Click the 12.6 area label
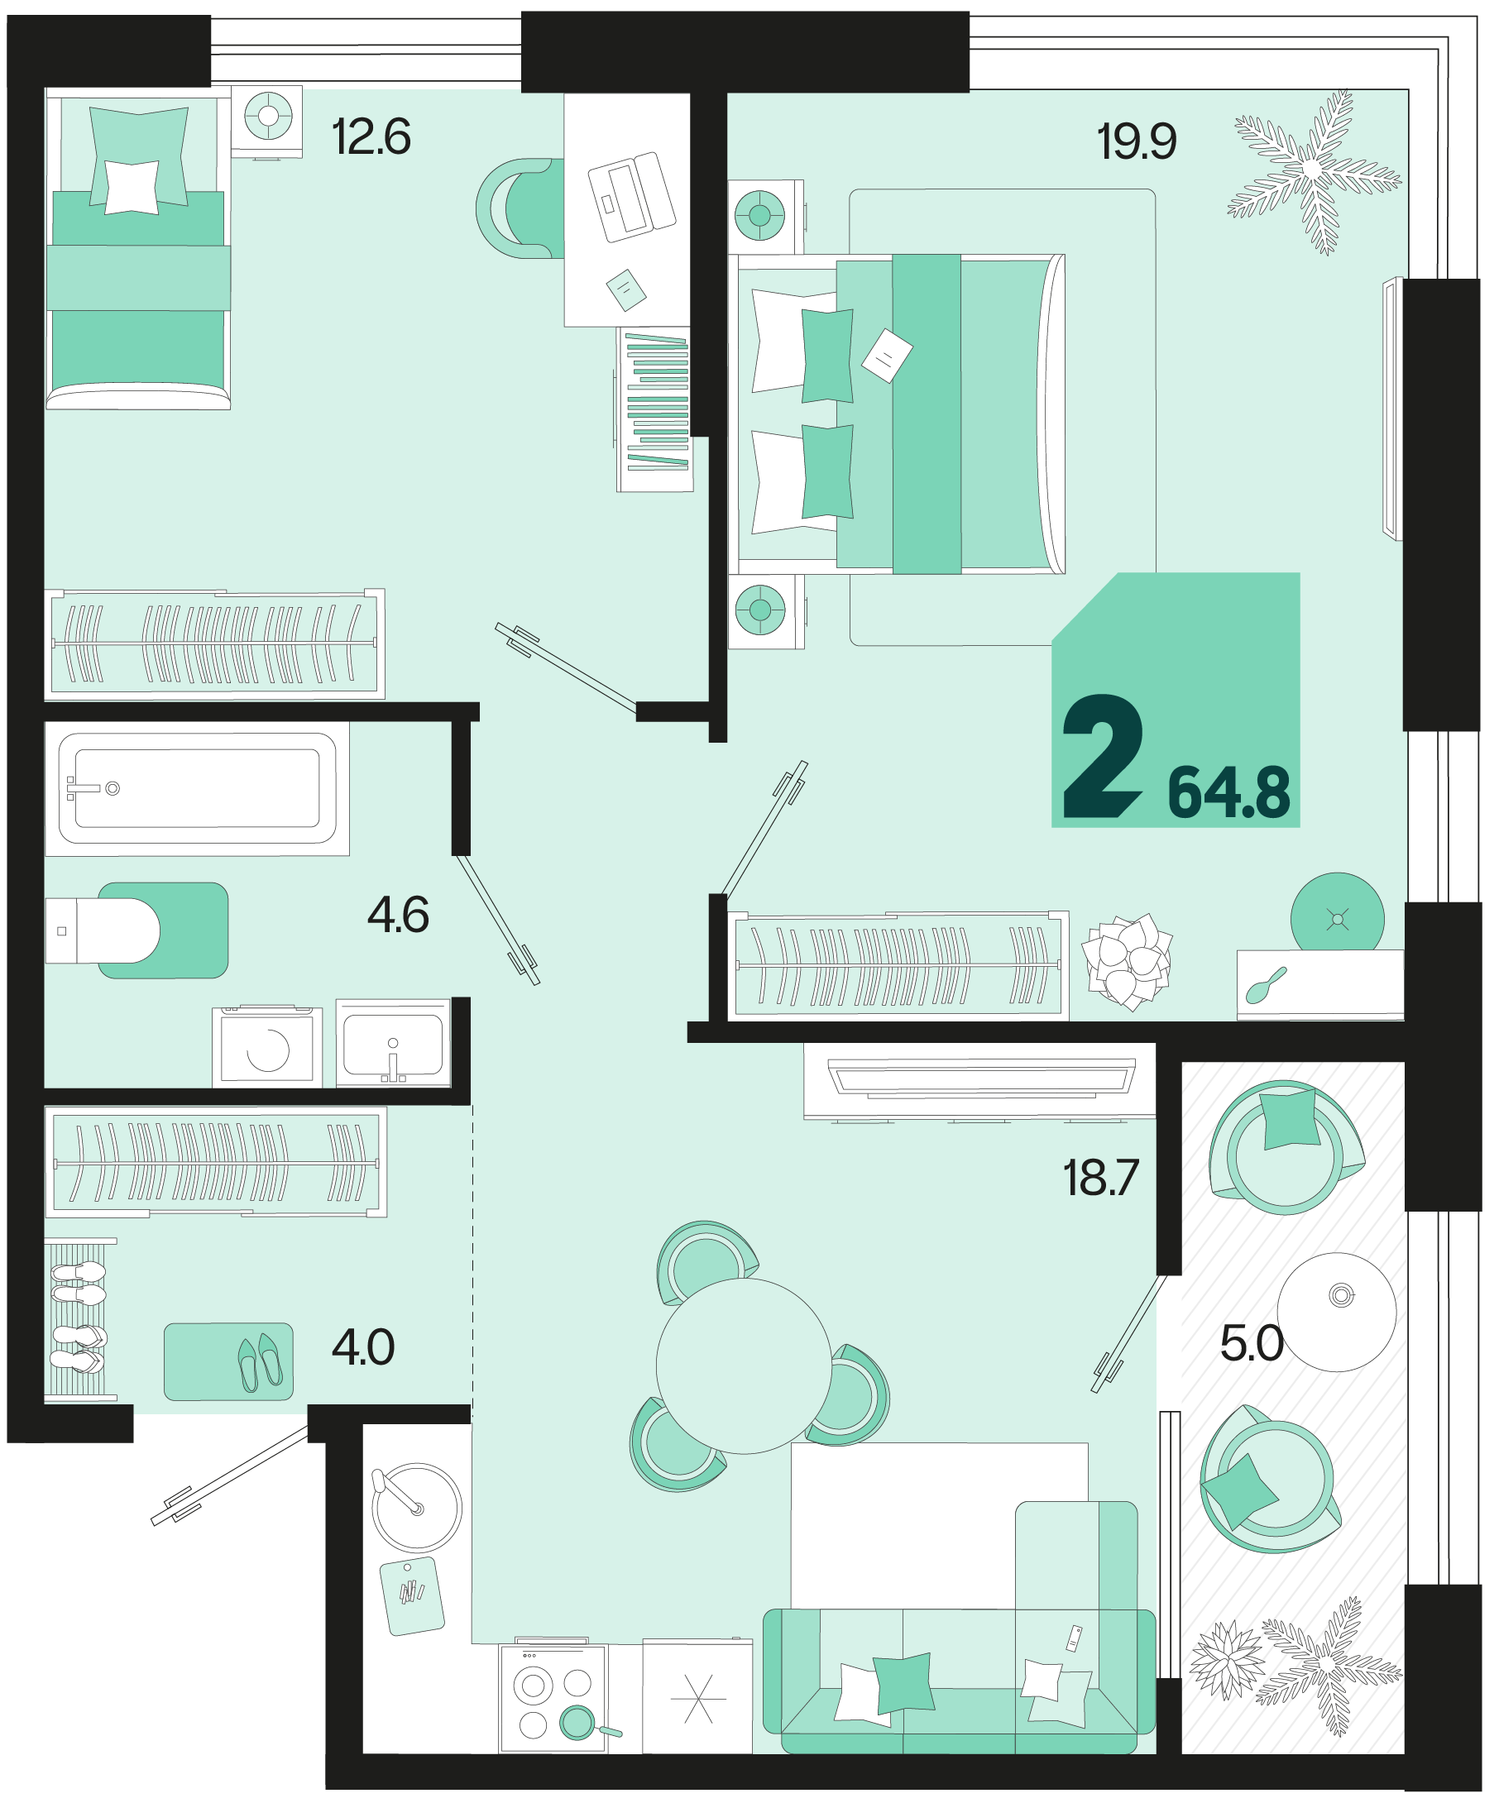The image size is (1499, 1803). pyautogui.click(x=371, y=136)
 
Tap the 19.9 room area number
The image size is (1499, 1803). pyautogui.click(x=1136, y=141)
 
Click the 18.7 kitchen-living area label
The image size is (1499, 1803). pyautogui.click(x=1100, y=1178)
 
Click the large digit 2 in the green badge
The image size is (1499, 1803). pyautogui.click(x=1104, y=757)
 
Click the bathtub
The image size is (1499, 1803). pyautogui.click(x=198, y=788)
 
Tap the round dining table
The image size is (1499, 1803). pyautogui.click(x=744, y=1366)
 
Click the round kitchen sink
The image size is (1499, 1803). pyautogui.click(x=416, y=1507)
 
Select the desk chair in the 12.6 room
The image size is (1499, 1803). pyautogui.click(x=520, y=208)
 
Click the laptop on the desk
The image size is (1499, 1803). pyautogui.click(x=631, y=197)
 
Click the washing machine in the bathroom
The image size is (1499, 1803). pyautogui.click(x=267, y=1046)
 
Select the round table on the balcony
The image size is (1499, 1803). pyautogui.click(x=1337, y=1312)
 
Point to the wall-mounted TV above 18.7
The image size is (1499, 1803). pyautogui.click(x=980, y=1080)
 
